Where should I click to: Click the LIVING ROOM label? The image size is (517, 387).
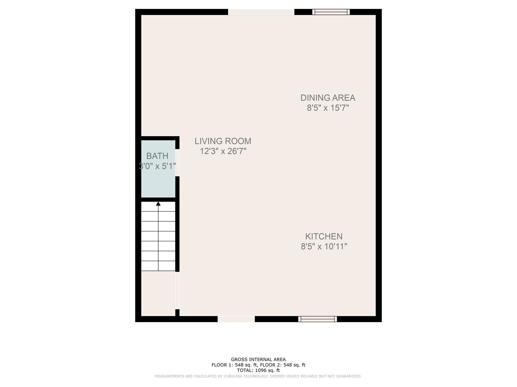coord(223,141)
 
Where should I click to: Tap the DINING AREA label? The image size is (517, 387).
coord(328,98)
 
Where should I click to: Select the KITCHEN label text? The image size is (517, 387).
coord(324,236)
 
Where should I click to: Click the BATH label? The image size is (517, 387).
coord(157,156)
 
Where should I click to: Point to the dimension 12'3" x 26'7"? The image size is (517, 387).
coord(223,151)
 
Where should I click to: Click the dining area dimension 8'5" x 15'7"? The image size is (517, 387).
coord(328,108)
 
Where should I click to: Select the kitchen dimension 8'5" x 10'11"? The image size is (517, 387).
coord(324,246)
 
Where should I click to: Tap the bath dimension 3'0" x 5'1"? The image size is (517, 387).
coord(157,166)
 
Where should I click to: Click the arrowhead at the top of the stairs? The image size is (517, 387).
coord(158,204)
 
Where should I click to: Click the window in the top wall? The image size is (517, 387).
coord(331,12)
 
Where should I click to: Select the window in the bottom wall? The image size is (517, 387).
coord(317,319)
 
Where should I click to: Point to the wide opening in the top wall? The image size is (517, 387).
coord(261,12)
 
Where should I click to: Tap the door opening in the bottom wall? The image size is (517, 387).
coord(236,319)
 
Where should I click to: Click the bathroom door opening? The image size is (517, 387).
coord(177,163)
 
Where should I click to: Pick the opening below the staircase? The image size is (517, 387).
coord(177,290)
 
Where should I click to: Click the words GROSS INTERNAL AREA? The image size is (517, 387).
coord(258,360)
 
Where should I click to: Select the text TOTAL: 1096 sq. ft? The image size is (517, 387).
coord(258,370)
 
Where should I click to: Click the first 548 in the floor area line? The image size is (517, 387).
coord(239,365)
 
